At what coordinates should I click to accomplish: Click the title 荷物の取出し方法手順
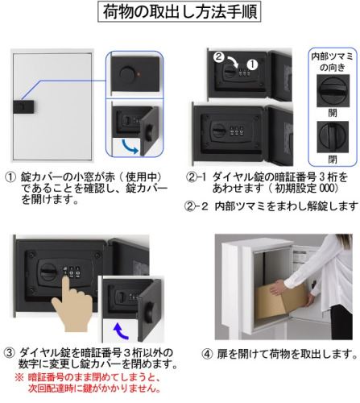(x=180, y=11)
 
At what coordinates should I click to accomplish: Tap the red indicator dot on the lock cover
(x=139, y=73)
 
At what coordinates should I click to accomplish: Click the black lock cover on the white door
(x=24, y=107)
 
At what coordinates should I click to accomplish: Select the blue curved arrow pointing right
(x=130, y=147)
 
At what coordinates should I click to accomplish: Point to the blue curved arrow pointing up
(x=120, y=331)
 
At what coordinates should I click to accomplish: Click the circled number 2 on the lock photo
(x=218, y=56)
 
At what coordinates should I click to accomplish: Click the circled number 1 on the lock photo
(x=252, y=64)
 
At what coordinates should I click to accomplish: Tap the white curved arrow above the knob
(x=233, y=61)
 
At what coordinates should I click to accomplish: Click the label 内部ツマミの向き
(x=333, y=62)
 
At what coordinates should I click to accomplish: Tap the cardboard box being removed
(x=282, y=301)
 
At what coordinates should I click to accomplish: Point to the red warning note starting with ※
(x=88, y=383)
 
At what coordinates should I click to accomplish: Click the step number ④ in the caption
(x=207, y=354)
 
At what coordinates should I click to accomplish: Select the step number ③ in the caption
(x=9, y=352)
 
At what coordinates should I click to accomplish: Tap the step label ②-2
(x=197, y=206)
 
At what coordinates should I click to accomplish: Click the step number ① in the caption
(x=10, y=177)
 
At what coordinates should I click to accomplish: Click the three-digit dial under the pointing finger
(x=72, y=272)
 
